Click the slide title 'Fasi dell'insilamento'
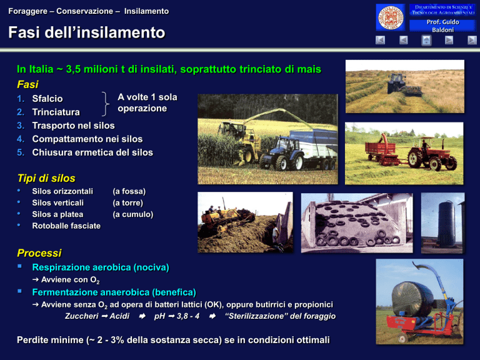pos(87,32)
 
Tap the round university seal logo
pos(390,17)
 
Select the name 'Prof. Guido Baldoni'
pos(442,26)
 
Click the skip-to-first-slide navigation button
pos(380,40)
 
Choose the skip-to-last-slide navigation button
pos(472,40)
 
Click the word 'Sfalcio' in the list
pos(47,99)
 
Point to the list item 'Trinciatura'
pos(56,112)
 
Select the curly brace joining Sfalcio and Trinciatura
pos(105,104)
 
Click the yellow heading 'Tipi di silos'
pos(46,178)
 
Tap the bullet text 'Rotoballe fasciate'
pos(66,226)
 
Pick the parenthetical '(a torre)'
pos(128,202)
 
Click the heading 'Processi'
pos(39,253)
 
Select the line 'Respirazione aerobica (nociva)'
pos(101,267)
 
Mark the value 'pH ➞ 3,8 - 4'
pos(177,316)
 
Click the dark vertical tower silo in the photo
pos(446,224)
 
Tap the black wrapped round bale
pos(412,299)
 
